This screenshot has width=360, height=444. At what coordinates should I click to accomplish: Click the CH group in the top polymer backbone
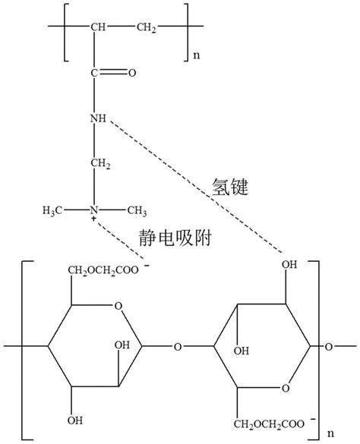pos(98,27)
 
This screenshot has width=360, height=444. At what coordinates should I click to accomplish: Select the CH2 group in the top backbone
pos(147,27)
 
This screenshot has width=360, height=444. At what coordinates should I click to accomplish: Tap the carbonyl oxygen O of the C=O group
pos(132,73)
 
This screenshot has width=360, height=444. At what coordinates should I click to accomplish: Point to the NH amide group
pos(98,118)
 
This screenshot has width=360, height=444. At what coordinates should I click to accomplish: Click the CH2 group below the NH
pos(100,164)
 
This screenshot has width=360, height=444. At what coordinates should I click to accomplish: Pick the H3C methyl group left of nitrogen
pos(52,210)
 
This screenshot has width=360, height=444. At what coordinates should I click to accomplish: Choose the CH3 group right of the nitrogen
pos(137,210)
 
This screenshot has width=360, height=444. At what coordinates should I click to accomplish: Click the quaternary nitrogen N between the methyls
pos(94,210)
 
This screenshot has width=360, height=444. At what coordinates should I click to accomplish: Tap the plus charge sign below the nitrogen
pos(93,219)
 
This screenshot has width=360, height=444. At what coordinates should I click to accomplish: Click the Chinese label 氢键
pos(230,187)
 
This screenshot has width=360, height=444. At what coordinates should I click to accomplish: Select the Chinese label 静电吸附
pos(175,238)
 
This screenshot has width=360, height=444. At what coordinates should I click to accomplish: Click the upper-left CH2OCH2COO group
pos(103,270)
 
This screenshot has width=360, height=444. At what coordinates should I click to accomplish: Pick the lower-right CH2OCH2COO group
pos(269,424)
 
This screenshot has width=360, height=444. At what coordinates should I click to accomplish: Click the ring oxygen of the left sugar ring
pos(118,306)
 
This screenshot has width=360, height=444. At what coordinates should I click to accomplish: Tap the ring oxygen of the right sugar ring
pos(286,388)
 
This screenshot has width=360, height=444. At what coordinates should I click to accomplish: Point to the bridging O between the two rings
pos(178,347)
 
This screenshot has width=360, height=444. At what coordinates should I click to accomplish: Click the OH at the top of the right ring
pos(289,264)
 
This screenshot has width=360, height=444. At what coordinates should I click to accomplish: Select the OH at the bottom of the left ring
pos(75,420)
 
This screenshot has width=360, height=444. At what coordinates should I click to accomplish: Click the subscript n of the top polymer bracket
pos(197,55)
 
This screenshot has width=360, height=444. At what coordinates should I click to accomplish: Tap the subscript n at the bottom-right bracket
pos(330,433)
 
